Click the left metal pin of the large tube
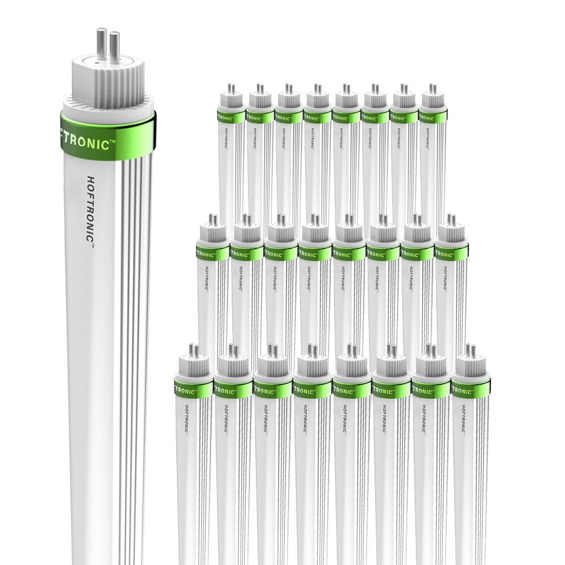click(101, 43)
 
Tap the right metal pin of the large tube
click(115, 46)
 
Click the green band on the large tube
click(108, 136)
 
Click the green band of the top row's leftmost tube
click(231, 116)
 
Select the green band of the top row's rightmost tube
click(432, 116)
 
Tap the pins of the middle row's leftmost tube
click(214, 220)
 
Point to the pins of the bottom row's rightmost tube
click(470, 351)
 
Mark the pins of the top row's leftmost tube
click(231, 89)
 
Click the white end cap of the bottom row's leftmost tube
click(194, 368)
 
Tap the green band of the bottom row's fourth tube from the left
click(312, 389)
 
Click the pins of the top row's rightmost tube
click(432, 89)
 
